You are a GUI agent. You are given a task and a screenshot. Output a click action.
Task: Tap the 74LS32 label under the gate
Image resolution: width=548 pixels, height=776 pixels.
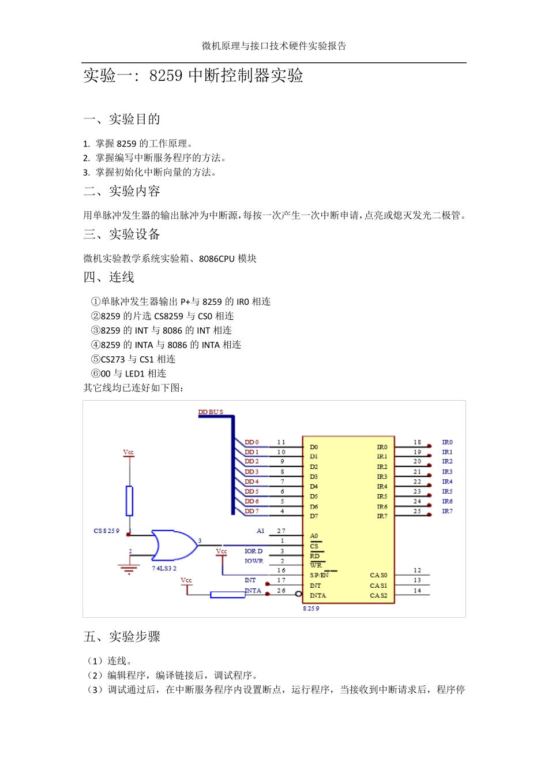(164, 569)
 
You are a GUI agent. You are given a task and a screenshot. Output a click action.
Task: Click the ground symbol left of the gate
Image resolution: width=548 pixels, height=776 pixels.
(129, 569)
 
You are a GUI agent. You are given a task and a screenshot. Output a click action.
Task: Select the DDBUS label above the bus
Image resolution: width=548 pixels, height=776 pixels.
(211, 412)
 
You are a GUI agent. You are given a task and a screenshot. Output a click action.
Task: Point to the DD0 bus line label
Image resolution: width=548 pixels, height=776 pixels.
(252, 442)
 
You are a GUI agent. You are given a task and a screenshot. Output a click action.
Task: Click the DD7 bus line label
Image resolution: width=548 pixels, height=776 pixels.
(252, 511)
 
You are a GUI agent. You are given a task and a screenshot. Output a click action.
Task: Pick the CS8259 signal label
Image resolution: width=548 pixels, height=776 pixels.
(107, 531)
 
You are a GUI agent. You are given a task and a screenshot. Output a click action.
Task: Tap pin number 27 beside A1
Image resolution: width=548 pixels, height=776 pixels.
(281, 531)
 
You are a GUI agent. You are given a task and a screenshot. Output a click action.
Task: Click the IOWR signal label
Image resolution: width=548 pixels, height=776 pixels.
(254, 561)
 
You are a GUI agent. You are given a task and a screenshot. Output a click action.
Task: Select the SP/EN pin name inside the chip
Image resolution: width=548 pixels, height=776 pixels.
(319, 575)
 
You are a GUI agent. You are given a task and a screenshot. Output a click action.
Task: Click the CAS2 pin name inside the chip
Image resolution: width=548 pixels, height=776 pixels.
(378, 595)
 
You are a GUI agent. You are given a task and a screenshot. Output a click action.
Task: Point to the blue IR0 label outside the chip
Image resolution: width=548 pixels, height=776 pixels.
(447, 442)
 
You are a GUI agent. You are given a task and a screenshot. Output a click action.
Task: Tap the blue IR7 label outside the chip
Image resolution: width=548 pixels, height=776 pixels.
(447, 511)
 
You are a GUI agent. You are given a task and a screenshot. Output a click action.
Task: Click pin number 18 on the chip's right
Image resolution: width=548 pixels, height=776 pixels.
(417, 442)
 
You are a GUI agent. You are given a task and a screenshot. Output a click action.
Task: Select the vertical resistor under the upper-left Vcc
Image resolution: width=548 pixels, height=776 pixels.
(129, 501)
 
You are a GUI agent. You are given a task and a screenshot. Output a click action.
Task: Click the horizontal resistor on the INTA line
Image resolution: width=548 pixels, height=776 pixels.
(227, 594)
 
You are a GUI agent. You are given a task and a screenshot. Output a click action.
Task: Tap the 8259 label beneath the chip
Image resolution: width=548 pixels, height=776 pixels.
(311, 609)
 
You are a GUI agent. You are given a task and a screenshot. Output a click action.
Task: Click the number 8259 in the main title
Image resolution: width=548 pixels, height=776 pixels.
(166, 76)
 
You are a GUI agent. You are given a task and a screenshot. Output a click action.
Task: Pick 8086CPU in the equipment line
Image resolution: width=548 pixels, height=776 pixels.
(217, 259)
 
